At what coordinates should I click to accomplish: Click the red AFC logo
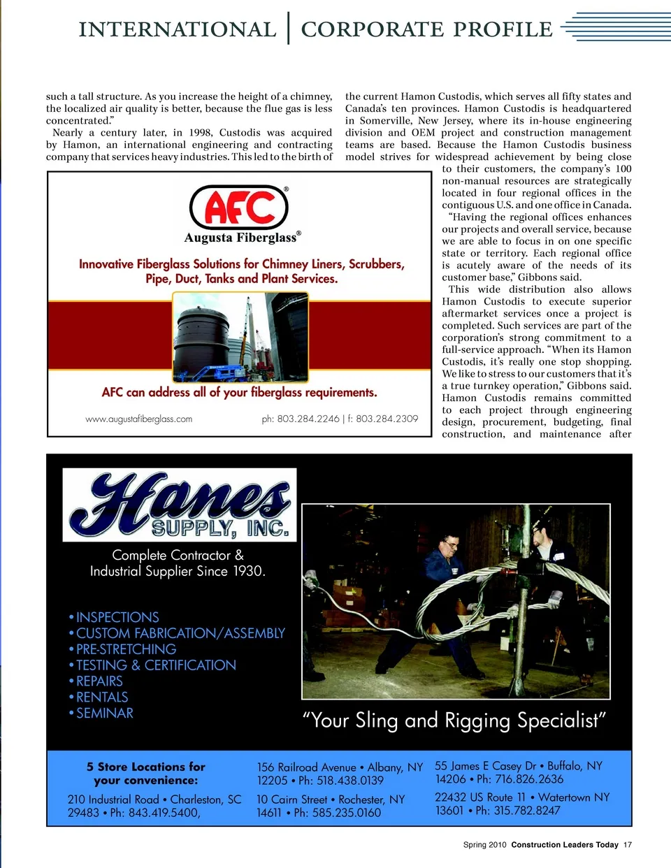point(239,208)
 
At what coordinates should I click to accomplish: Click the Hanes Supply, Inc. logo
point(180,505)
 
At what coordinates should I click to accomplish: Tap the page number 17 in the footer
point(628,845)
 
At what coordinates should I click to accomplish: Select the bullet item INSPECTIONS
point(117,617)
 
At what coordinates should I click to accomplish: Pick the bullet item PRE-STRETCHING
point(126,649)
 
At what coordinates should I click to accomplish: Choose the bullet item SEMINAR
point(104,713)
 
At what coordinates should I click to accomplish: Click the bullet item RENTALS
point(102,697)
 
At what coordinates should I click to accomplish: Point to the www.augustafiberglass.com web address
point(138,419)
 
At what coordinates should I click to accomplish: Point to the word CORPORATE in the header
point(371,30)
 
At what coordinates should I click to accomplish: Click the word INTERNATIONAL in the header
point(178,30)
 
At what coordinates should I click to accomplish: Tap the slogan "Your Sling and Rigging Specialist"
point(454,721)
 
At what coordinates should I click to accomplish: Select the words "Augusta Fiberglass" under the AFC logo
point(240,238)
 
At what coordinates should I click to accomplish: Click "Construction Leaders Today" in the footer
point(565,845)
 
